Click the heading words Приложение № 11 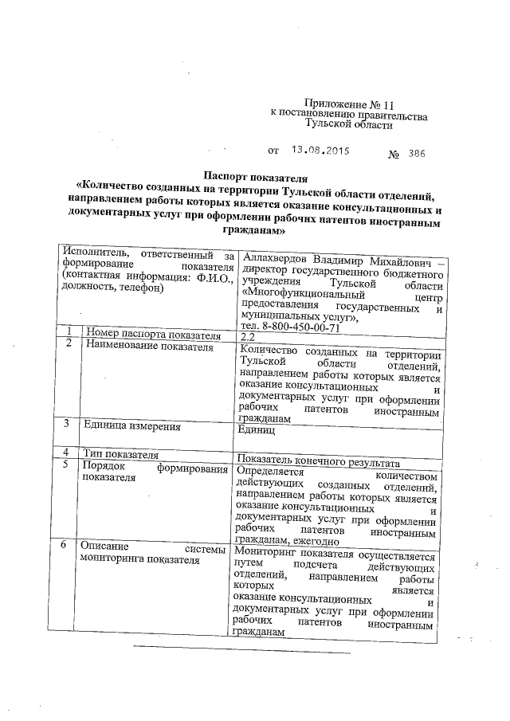pos(349,104)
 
